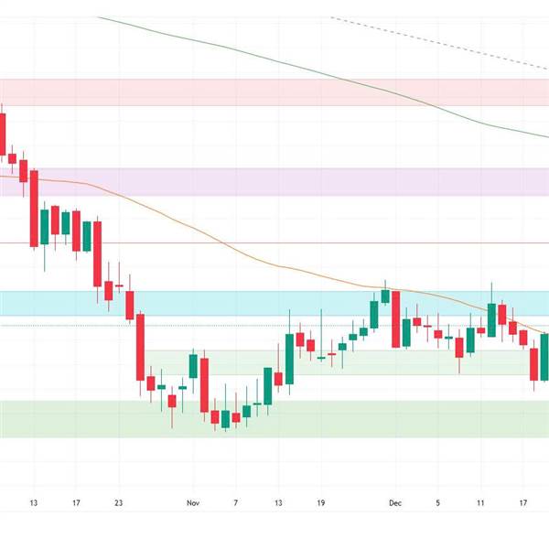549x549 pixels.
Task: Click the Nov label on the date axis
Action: [x=192, y=503]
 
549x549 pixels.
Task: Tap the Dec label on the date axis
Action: [x=394, y=503]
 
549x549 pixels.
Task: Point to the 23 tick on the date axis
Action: [x=119, y=503]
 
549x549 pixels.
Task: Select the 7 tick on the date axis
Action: [x=235, y=503]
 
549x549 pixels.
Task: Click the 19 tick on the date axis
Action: [x=321, y=503]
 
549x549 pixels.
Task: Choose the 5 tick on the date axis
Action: [x=437, y=503]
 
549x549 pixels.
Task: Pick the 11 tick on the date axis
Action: [x=480, y=503]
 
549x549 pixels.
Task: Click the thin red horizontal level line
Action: [x=274, y=242]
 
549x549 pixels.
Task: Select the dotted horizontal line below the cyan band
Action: [x=229, y=325]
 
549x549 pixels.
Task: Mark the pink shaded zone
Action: [x=274, y=91]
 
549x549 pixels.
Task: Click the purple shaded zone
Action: [x=274, y=181]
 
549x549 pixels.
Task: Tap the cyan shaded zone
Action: [x=229, y=303]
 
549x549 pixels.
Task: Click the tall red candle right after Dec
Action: [x=395, y=319]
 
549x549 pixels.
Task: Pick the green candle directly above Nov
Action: [x=193, y=366]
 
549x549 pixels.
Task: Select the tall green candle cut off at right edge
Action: [x=544, y=357]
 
